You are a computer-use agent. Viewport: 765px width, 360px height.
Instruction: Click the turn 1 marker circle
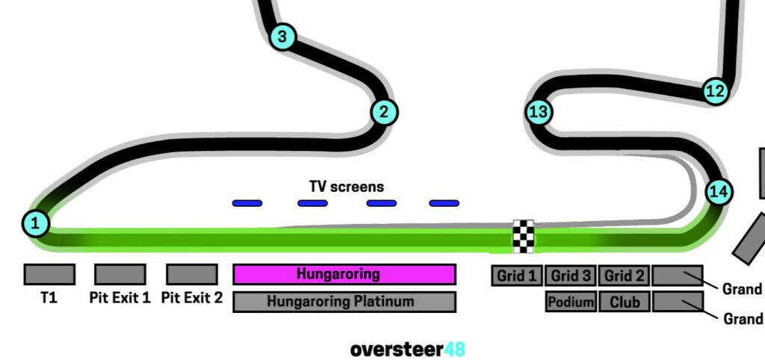36,223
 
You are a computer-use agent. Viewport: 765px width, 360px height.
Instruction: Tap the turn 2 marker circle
384,113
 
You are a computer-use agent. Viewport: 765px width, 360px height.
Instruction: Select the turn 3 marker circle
282,36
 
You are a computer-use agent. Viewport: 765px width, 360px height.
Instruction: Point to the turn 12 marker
716,91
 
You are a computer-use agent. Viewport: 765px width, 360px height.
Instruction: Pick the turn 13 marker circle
539,113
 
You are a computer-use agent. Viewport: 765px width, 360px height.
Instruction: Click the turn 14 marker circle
719,192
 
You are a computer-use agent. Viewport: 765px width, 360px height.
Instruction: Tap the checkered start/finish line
524,237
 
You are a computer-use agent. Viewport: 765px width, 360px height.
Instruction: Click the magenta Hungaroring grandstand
344,274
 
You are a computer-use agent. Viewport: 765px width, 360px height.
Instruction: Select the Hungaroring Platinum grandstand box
344,302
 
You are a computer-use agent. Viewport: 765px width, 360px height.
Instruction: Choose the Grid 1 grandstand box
517,276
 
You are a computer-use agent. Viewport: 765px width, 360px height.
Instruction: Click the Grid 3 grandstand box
571,276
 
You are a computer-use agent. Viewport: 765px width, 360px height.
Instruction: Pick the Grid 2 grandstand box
624,276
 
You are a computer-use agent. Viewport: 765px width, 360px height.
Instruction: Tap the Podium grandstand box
572,302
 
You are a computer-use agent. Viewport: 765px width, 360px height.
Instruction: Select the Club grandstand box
624,302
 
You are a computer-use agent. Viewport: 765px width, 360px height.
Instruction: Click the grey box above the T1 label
49,274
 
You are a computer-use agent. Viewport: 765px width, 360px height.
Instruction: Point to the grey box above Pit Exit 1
120,274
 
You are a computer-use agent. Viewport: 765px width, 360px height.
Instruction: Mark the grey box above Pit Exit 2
192,274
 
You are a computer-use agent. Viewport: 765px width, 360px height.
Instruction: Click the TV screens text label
347,187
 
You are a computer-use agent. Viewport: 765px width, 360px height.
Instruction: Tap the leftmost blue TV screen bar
247,203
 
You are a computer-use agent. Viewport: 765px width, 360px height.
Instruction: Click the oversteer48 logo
407,349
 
